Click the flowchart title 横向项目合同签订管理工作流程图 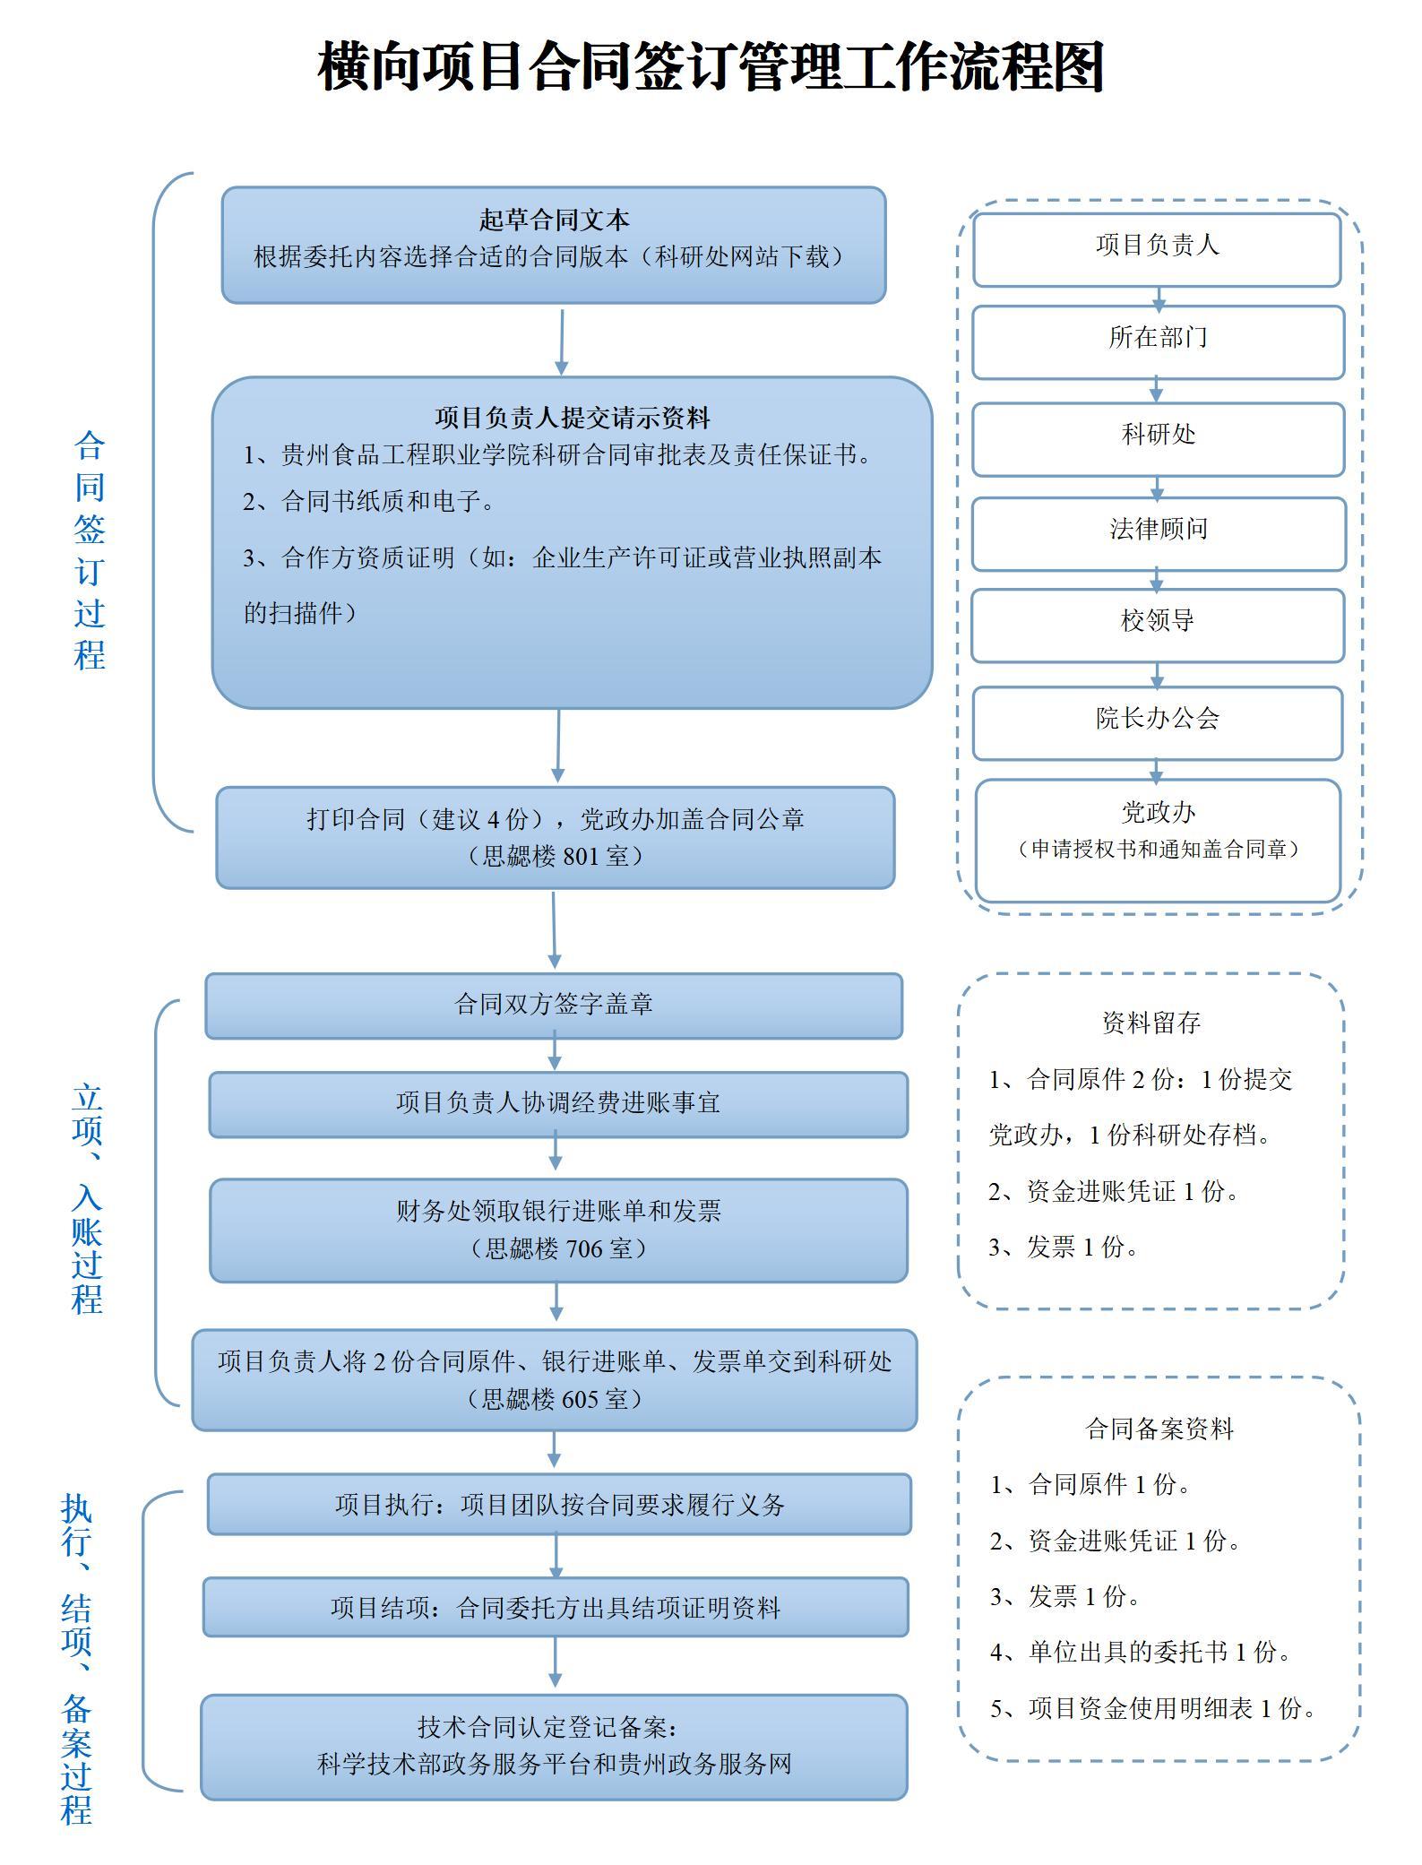711,67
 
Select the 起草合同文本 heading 554,220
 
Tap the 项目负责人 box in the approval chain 1157,246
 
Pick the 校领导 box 1157,622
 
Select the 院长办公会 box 1157,719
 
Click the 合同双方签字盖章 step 554,1005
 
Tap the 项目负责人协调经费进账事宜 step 557,1103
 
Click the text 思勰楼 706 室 557,1248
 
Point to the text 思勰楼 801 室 556,857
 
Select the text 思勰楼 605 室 555,1399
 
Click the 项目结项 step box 556,1608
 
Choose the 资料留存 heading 1151,1023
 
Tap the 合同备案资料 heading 1159,1429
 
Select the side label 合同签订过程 90,550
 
